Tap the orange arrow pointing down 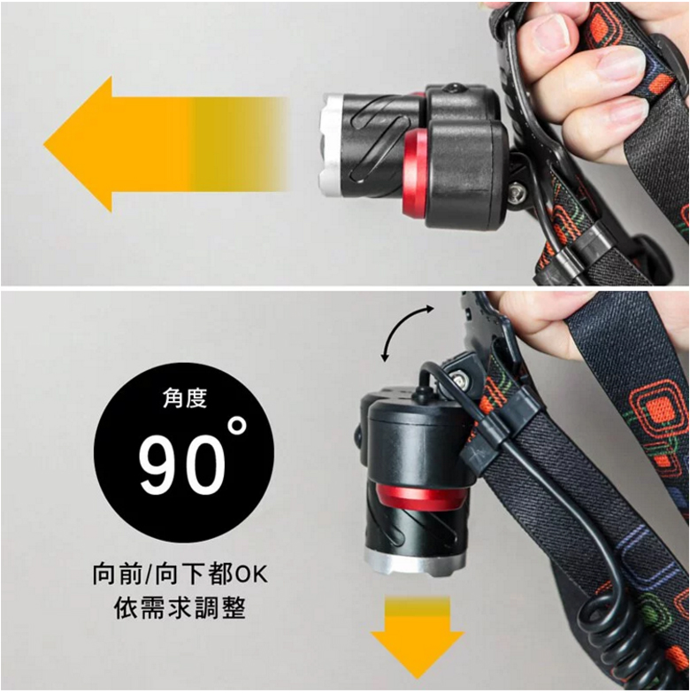pos(417,636)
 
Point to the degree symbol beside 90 pos(238,426)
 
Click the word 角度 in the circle pos(185,397)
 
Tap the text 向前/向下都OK pos(180,574)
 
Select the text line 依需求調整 pos(180,608)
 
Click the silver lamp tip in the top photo pos(331,145)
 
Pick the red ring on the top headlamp pos(415,175)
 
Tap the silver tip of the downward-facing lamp pos(415,564)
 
